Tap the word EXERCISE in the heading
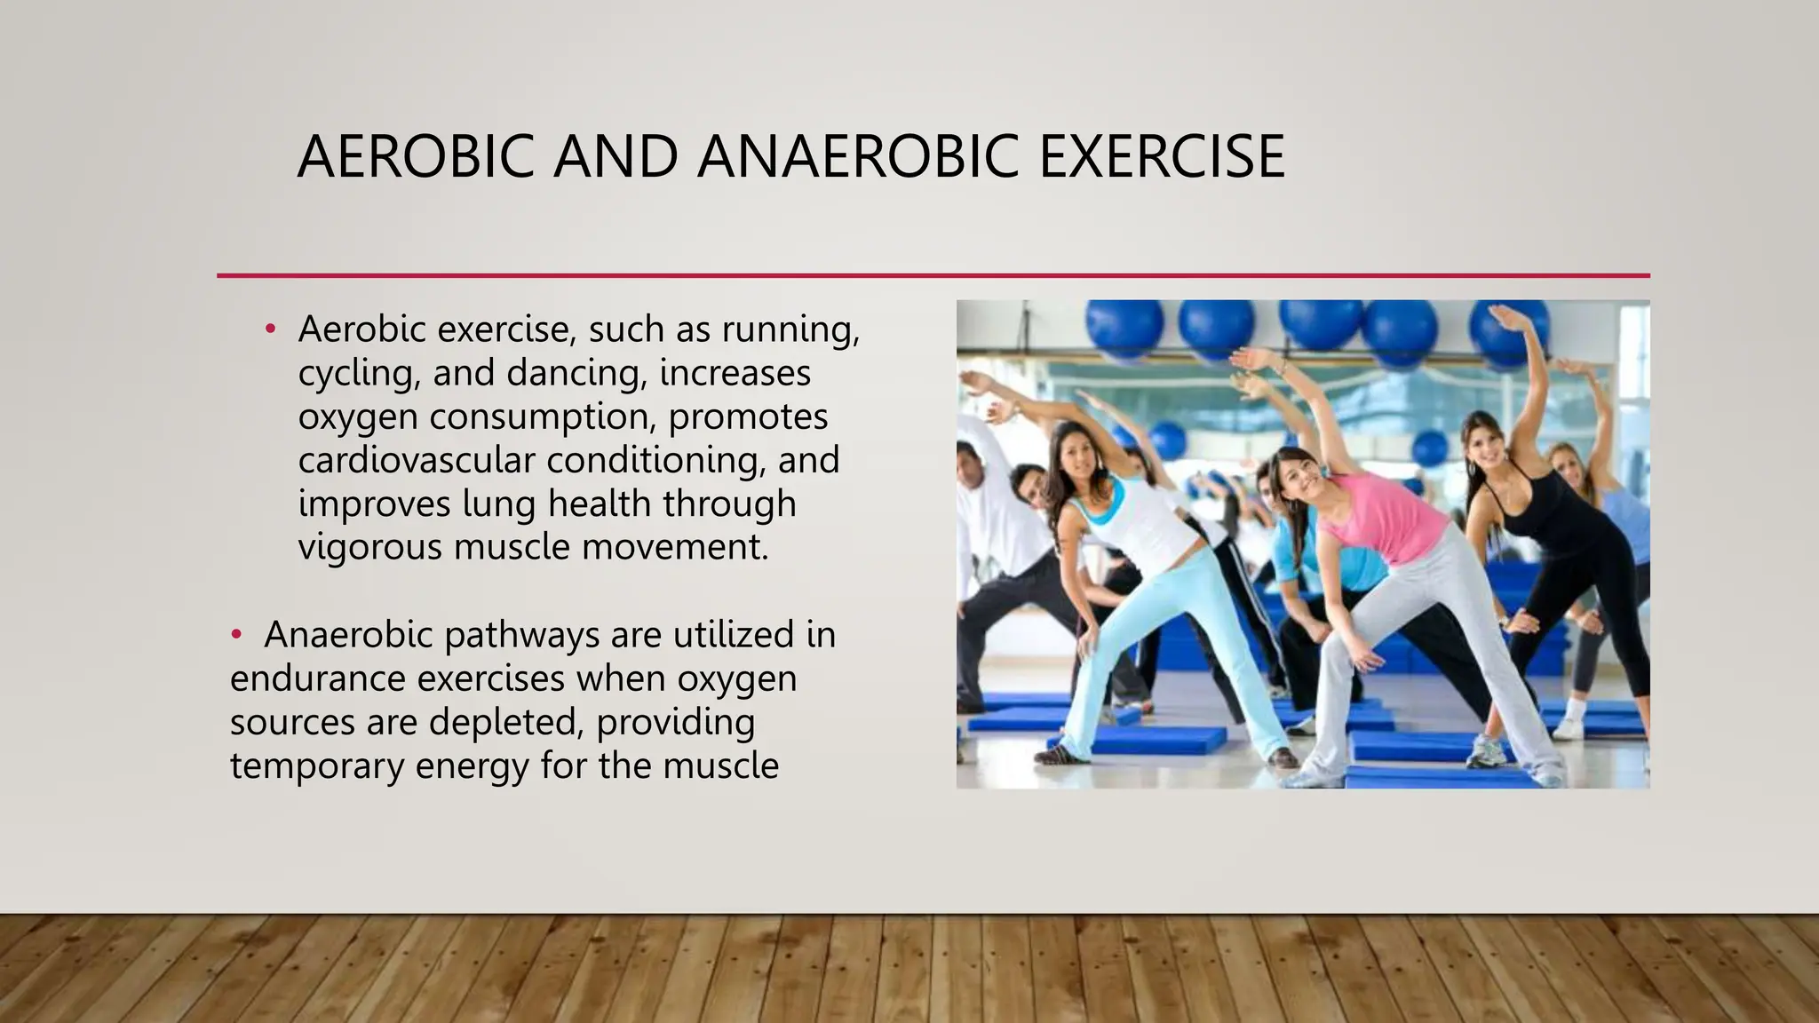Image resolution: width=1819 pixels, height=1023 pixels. (x=1161, y=157)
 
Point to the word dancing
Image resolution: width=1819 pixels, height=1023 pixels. (x=573, y=372)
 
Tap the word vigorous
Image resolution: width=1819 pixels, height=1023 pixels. (x=369, y=547)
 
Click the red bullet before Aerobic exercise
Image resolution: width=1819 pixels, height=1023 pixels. (x=272, y=329)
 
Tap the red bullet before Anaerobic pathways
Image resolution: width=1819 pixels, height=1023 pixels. (x=236, y=635)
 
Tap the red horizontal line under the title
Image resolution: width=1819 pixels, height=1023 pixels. (x=933, y=276)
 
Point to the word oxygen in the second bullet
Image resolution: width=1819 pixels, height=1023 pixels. (x=736, y=678)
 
